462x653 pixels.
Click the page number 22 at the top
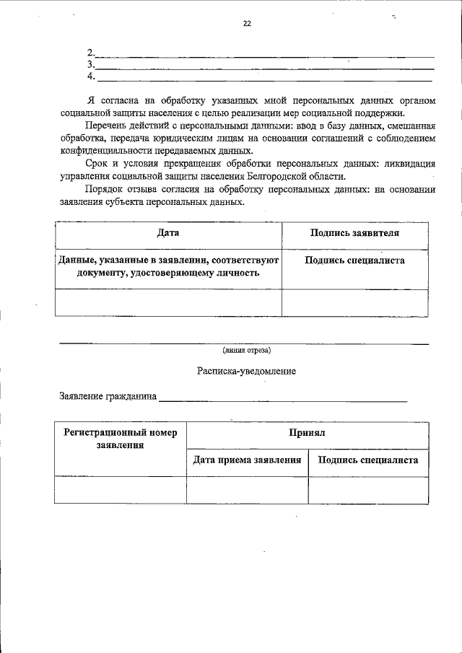(247, 24)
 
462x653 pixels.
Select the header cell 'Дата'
(168, 234)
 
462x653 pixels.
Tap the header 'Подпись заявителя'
(354, 234)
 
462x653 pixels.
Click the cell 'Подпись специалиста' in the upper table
(354, 261)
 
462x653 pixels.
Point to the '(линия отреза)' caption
(247, 351)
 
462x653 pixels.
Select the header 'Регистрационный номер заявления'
(120, 439)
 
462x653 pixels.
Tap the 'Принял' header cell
(308, 433)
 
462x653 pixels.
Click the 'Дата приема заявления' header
(247, 460)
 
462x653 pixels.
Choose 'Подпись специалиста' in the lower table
(368, 460)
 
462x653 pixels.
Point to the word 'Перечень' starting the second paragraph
(105, 125)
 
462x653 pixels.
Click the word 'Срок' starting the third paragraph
(97, 164)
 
